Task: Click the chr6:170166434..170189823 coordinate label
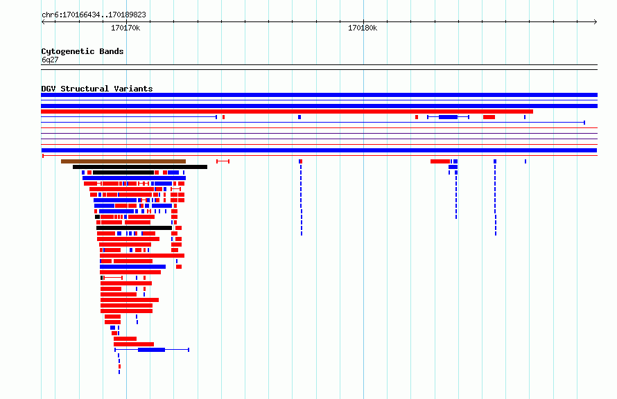point(94,15)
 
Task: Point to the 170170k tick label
point(125,28)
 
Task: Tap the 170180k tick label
point(363,28)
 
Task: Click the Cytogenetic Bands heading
point(82,51)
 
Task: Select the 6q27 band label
point(50,60)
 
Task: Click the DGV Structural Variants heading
point(97,89)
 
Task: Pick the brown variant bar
point(123,161)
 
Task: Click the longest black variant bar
point(140,167)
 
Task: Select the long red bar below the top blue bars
point(287,112)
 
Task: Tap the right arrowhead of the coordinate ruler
point(596,22)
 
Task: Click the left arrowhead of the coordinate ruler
point(43,22)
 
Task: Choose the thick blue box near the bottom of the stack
point(152,350)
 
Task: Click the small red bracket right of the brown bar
point(223,161)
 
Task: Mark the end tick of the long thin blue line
point(584,123)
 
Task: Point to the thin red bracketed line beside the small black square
point(113,278)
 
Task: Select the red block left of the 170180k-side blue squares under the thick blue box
point(440,161)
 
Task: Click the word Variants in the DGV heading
point(133,89)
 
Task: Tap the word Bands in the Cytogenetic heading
point(112,51)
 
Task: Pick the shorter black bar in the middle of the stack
point(134,228)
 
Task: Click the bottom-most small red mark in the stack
point(120,366)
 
